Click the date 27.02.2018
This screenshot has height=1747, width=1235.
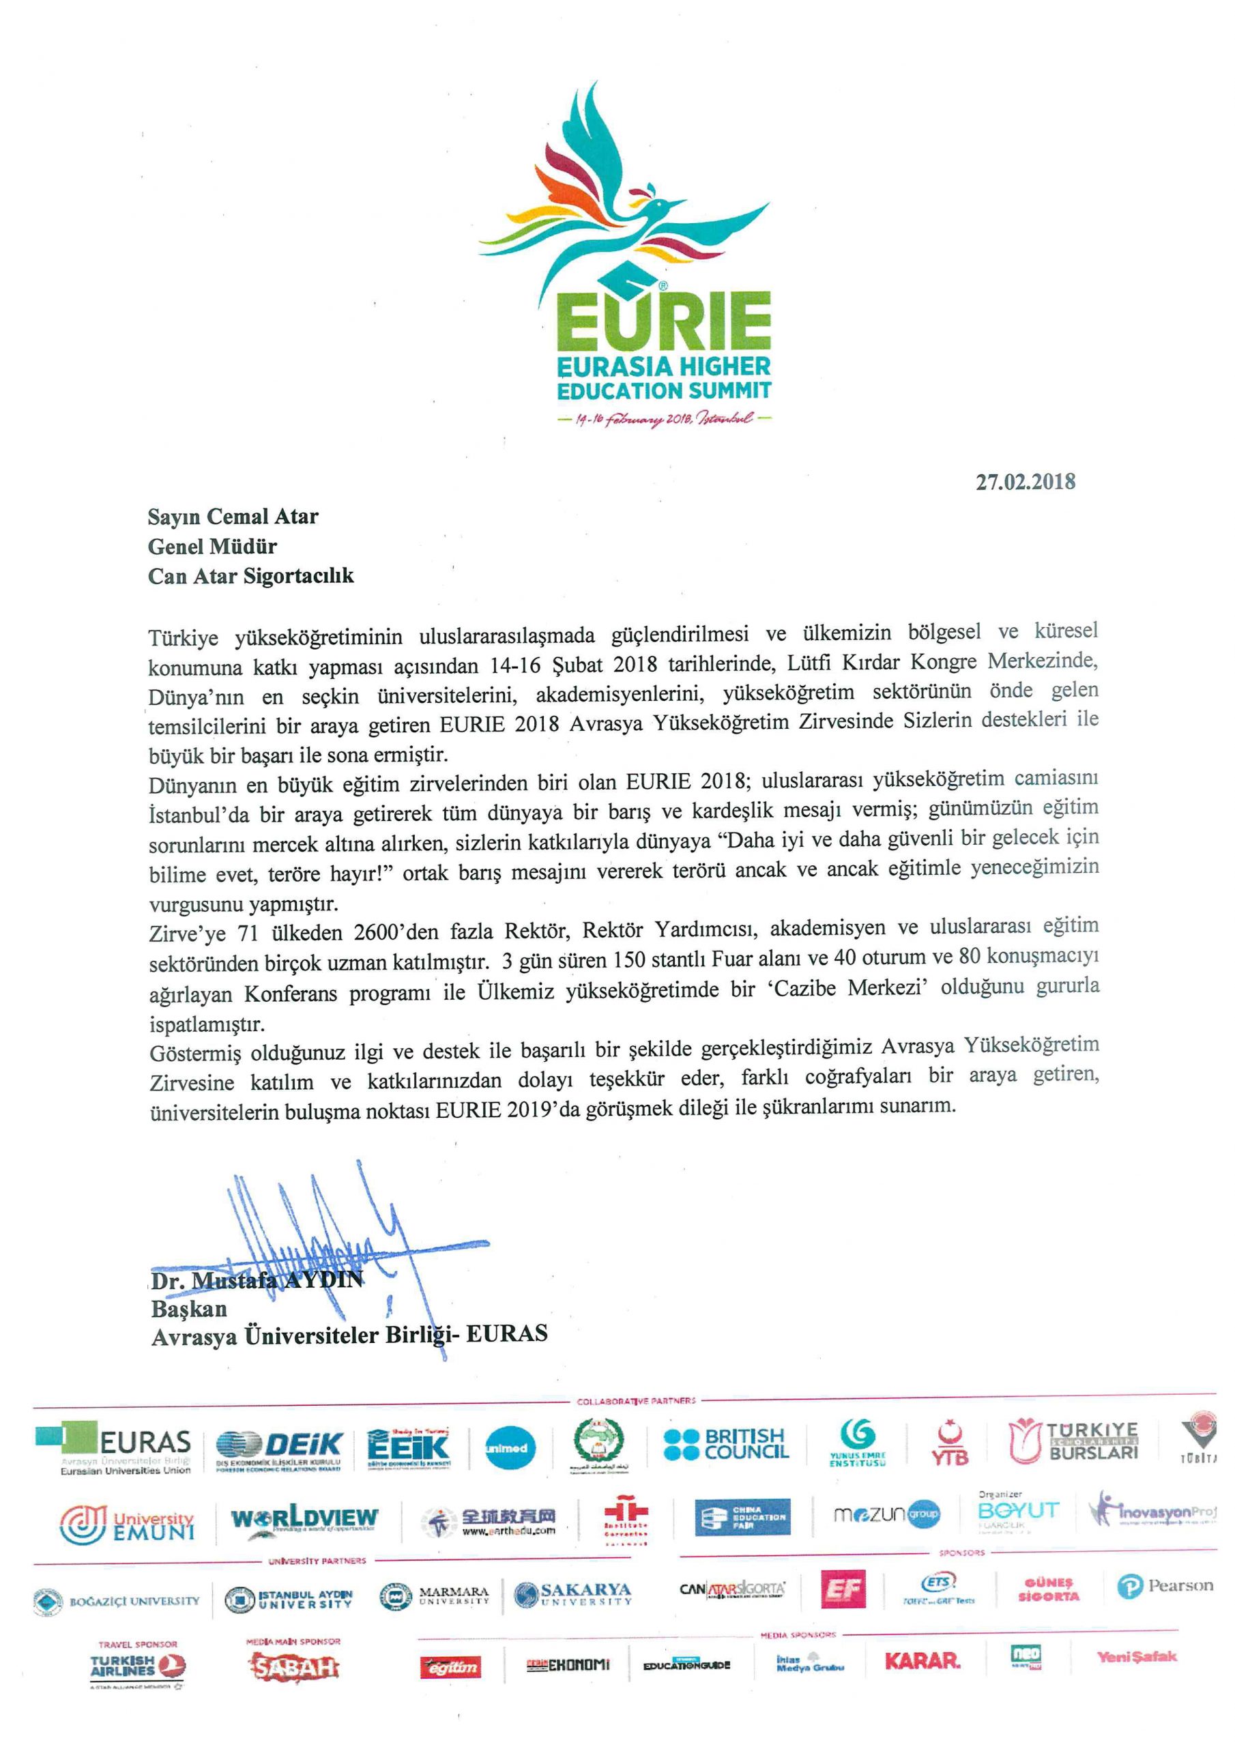coord(1025,482)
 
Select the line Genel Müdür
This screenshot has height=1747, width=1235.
coord(212,547)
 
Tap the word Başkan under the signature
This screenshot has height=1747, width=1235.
coord(189,1310)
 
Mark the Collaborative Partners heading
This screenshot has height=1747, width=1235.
coord(636,1401)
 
